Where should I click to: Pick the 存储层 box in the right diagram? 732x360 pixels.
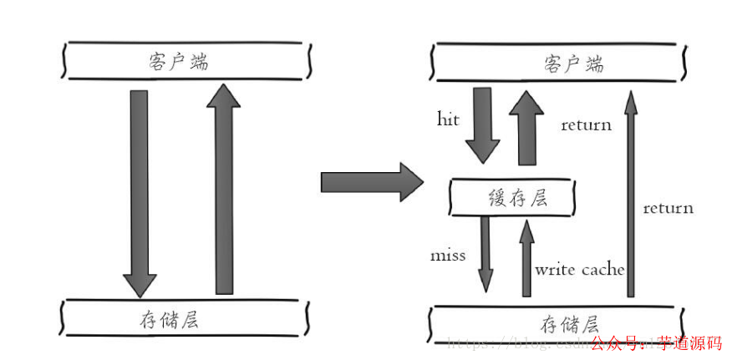pos(558,323)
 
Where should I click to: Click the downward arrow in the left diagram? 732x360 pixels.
pos(140,192)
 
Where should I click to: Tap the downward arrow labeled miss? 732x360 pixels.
pos(485,254)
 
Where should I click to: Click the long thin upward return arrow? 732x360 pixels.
pos(630,192)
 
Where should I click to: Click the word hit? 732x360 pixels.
pos(448,119)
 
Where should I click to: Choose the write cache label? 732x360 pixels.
pos(580,269)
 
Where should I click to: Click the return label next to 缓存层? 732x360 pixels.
pos(668,208)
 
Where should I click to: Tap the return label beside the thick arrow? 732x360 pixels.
pos(586,125)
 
